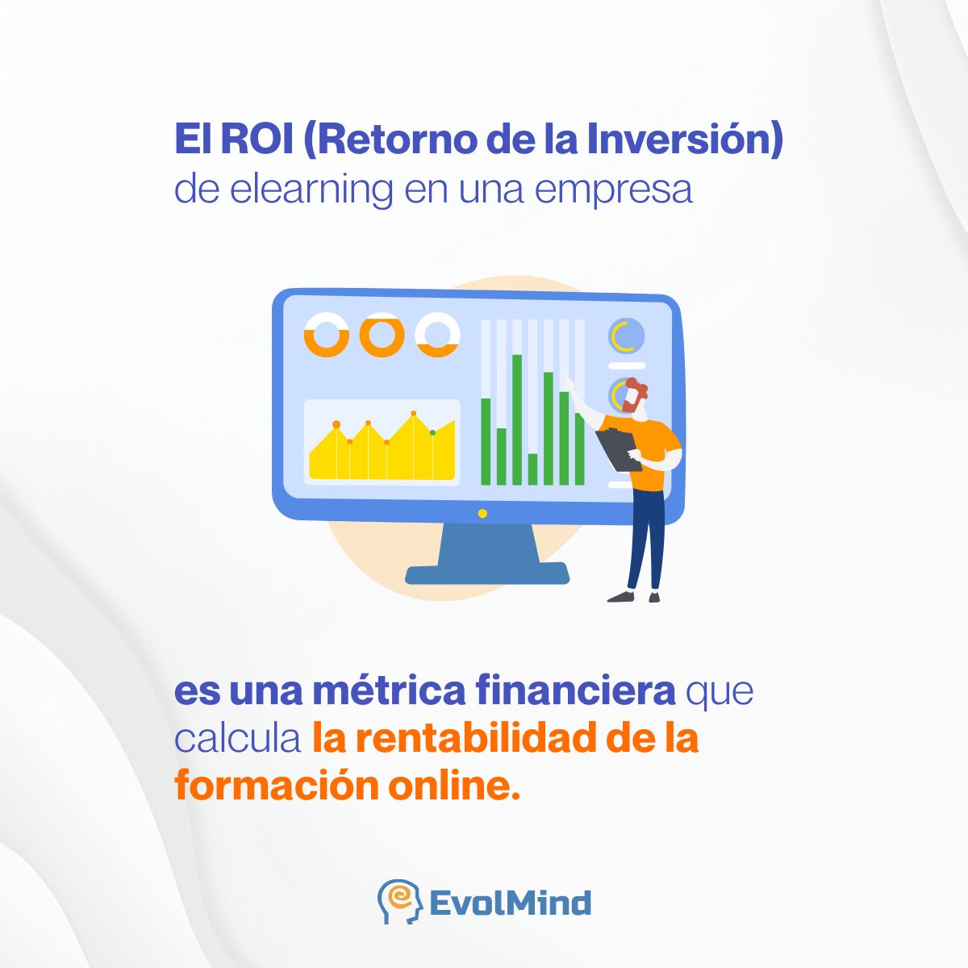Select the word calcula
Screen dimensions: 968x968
pyautogui.click(x=238, y=739)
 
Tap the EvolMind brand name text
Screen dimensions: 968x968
pyautogui.click(x=510, y=903)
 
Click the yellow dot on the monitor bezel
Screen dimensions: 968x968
pyautogui.click(x=482, y=513)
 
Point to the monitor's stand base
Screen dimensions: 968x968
pyautogui.click(x=487, y=574)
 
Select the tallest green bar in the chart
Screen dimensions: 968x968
pyautogui.click(x=517, y=419)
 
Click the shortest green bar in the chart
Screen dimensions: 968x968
pyautogui.click(x=532, y=469)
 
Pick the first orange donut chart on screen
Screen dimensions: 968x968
pyautogui.click(x=326, y=335)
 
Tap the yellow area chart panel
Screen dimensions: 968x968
pyautogui.click(x=382, y=444)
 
